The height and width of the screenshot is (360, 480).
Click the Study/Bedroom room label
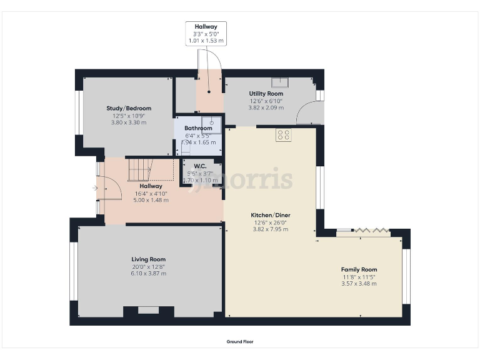coord(129,108)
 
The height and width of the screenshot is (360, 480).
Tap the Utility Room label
coord(266,94)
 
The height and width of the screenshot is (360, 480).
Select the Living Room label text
coord(148,259)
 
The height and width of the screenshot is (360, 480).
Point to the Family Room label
coord(359,269)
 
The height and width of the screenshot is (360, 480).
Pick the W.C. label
coord(200,166)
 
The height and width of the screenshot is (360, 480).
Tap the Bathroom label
coord(198,128)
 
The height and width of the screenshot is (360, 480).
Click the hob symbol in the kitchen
coord(282,134)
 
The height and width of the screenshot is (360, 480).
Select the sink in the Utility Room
coord(279,81)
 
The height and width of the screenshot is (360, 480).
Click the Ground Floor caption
coord(240,342)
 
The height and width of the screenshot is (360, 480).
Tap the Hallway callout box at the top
coord(206,34)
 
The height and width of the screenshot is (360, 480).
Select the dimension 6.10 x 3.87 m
coord(148,273)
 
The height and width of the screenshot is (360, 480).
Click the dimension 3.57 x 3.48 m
coord(359,284)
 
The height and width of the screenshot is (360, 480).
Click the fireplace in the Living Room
coord(148,310)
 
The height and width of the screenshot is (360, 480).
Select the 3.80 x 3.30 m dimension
coord(129,122)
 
